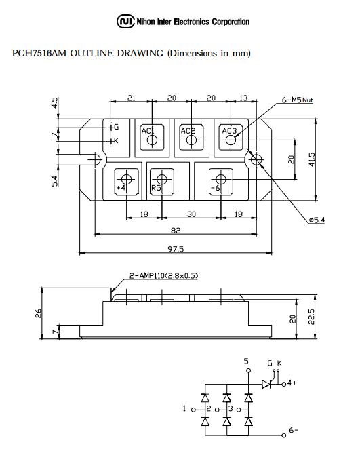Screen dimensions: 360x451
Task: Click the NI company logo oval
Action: tap(125, 21)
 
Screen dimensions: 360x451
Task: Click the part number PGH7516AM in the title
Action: tap(39, 54)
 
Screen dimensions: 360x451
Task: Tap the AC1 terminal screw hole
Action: tap(152, 140)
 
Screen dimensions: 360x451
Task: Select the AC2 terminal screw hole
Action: tap(191, 140)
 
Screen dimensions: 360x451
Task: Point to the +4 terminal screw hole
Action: tap(127, 179)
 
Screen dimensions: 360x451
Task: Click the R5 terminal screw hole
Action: tap(162, 179)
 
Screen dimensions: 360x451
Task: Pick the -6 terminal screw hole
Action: tap(221, 179)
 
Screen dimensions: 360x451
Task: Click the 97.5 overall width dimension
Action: tap(176, 249)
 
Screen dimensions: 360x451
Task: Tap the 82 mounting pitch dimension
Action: tap(176, 231)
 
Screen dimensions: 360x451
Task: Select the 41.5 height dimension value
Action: tap(313, 159)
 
